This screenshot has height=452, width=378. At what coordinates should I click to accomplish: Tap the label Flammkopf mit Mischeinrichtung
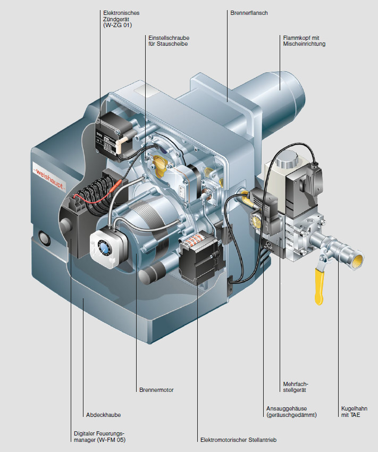304,40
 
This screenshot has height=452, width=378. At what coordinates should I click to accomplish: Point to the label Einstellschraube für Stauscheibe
169,40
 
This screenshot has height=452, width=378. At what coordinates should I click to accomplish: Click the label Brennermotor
156,390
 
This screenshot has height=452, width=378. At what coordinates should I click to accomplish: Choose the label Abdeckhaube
103,415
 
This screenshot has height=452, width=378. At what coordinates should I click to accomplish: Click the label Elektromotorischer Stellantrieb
238,440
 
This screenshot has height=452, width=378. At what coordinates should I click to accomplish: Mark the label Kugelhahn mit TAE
351,412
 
